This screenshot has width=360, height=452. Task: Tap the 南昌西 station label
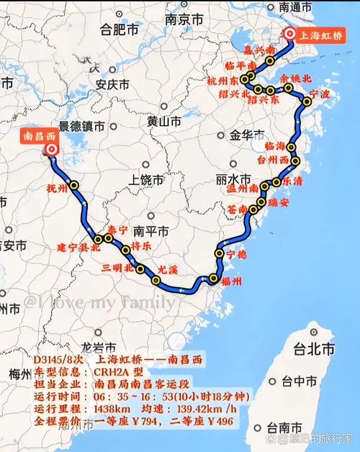41,134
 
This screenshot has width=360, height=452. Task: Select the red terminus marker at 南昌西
51,149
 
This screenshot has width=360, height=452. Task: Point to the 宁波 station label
318,94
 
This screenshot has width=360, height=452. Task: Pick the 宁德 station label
236,255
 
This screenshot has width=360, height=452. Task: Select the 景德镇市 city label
81,127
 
